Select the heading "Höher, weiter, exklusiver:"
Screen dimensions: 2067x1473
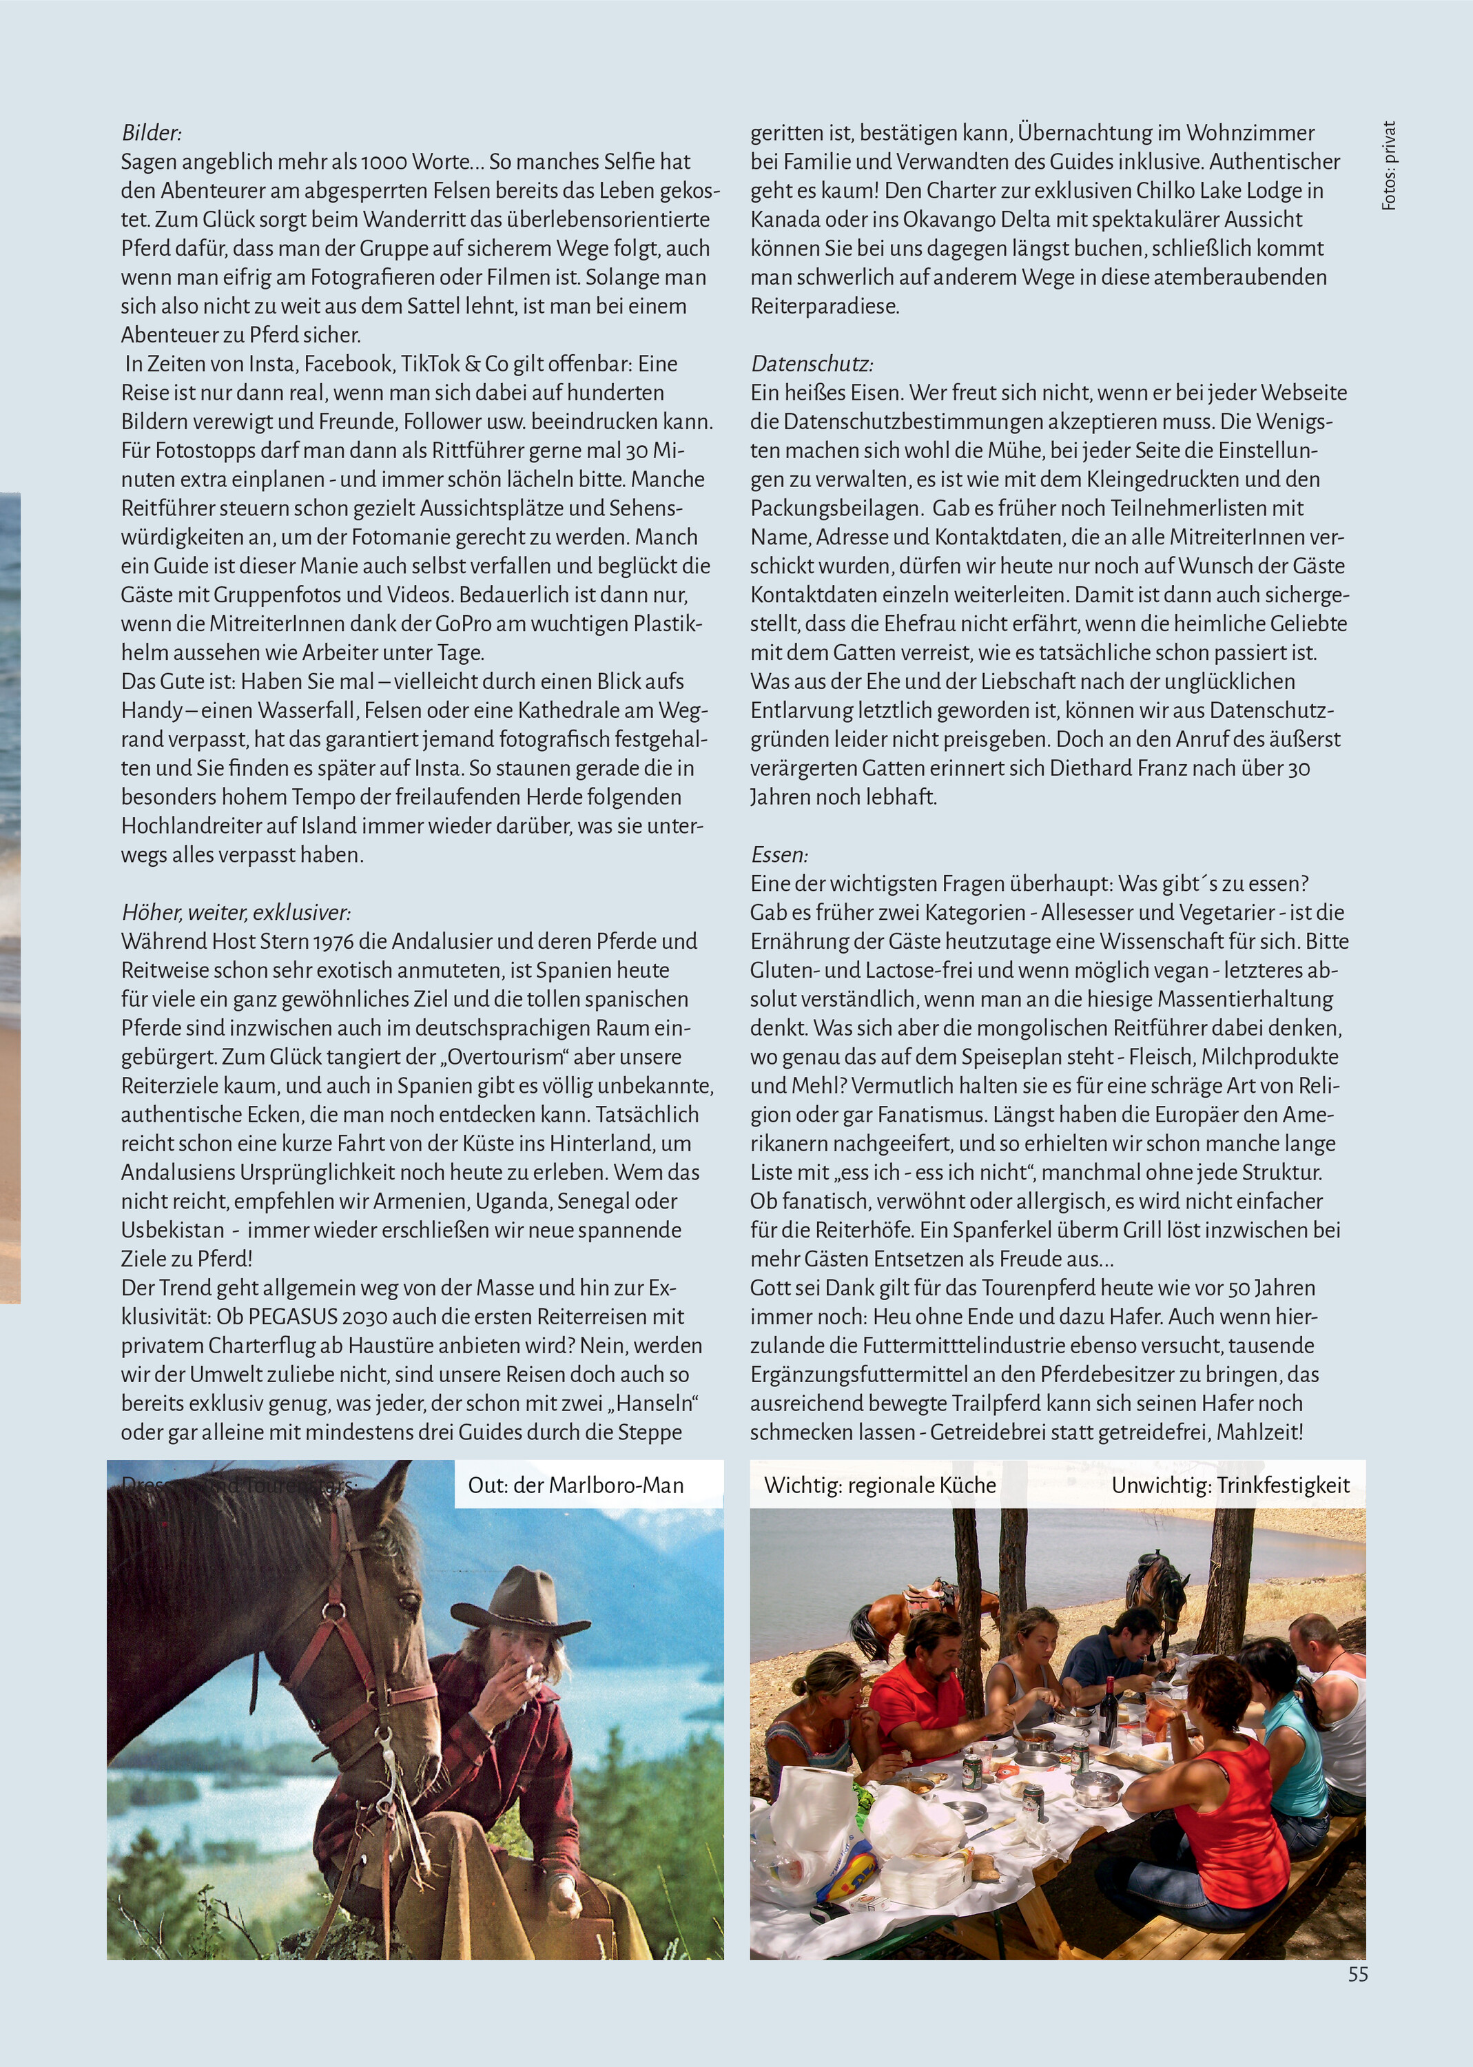tap(236, 912)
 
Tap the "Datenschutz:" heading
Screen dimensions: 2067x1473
tap(811, 364)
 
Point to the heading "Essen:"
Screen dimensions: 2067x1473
tap(779, 854)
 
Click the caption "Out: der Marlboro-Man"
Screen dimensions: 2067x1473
tap(576, 1485)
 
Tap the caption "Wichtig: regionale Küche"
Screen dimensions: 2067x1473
tap(880, 1485)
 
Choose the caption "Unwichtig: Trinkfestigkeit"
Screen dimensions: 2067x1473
tap(1230, 1485)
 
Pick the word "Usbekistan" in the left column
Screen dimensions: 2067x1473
tap(172, 1230)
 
